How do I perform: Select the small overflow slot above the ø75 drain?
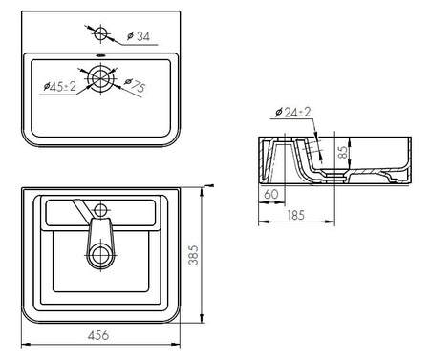click(102, 56)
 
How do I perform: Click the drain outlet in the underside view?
click(102, 254)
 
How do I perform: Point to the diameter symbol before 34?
click(128, 38)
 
